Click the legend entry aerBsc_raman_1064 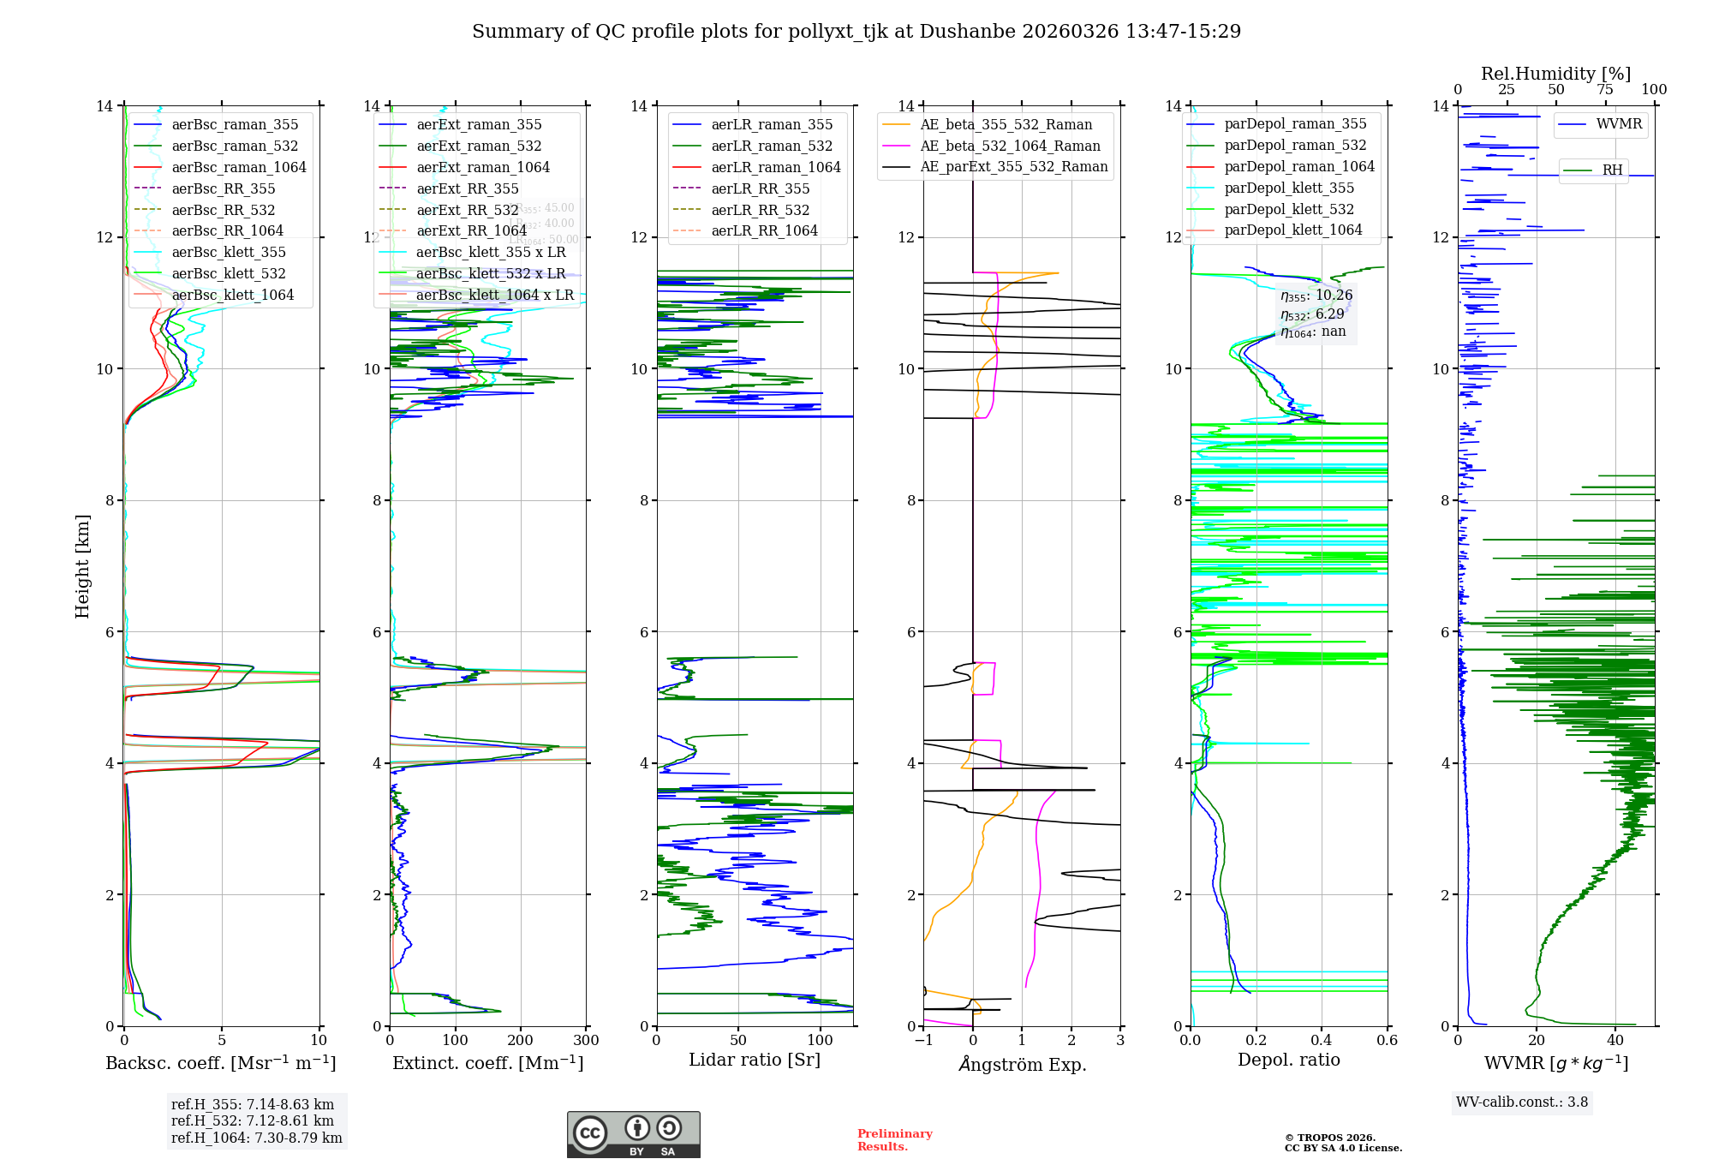click(238, 167)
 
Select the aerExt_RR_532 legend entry click(467, 210)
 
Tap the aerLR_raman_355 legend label click(771, 125)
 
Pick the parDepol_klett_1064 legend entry click(1292, 230)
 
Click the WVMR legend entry click(1618, 124)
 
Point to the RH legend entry click(1612, 170)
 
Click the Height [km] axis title click(82, 565)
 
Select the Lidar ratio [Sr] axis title click(754, 1060)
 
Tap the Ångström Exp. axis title click(1022, 1064)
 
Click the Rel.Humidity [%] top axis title click(1555, 74)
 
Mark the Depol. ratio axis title click(1288, 1060)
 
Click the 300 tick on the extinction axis click(587, 1041)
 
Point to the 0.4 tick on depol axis click(1322, 1041)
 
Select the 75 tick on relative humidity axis click(1605, 90)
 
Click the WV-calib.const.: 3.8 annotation click(1521, 1102)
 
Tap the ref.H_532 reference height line click(252, 1120)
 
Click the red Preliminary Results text click(894, 1139)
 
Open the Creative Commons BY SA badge click(633, 1134)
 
